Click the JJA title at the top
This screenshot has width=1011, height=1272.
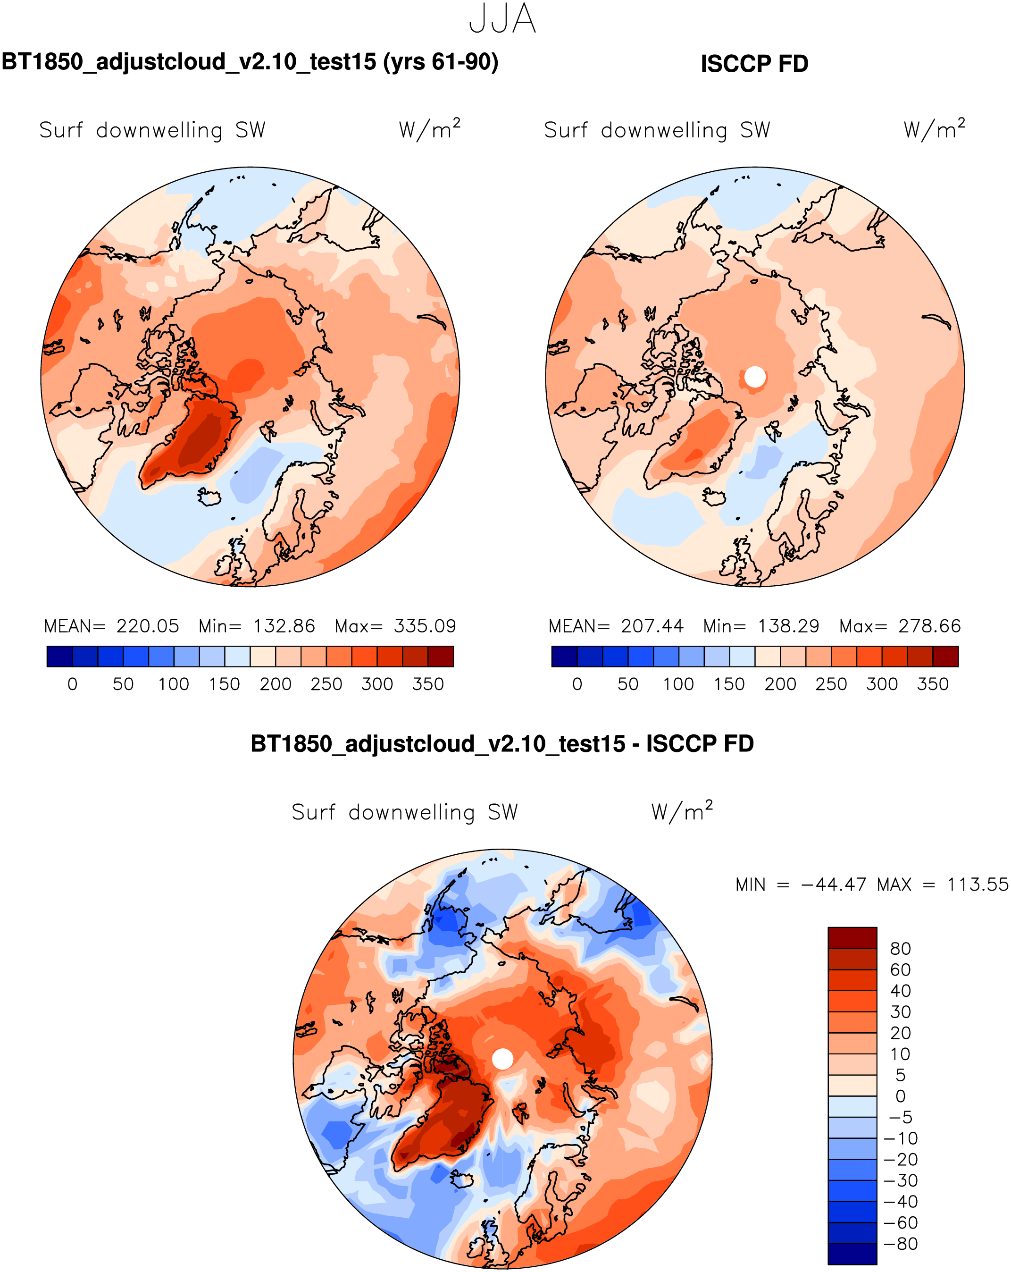point(502,19)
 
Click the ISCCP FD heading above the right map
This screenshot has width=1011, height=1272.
point(754,64)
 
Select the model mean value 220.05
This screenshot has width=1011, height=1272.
point(148,626)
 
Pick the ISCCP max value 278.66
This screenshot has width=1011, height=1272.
point(929,626)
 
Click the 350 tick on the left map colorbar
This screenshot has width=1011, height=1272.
point(427,684)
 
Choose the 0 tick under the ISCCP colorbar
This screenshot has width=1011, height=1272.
point(577,684)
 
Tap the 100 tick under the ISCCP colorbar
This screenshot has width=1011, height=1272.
point(678,684)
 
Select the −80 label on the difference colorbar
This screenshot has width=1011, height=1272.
point(901,1244)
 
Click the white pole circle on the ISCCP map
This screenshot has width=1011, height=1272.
point(755,377)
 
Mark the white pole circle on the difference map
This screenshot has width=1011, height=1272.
point(502,1059)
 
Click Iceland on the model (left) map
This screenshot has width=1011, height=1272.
point(209,497)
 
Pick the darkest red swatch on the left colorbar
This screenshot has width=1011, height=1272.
point(441,656)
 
